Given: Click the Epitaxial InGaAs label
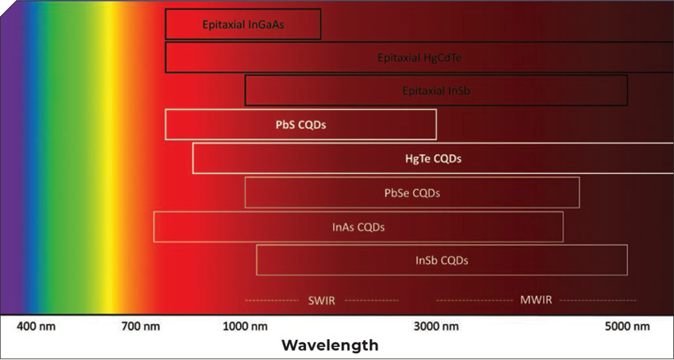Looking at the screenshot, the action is [x=243, y=25].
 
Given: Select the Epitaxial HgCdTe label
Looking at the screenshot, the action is [x=419, y=58].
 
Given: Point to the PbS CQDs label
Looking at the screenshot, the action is [x=301, y=126].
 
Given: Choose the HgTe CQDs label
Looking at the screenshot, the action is [x=433, y=159].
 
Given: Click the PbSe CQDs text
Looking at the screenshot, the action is [x=412, y=193].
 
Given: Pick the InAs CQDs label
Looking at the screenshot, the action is [x=359, y=227].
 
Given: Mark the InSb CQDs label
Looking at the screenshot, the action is [x=442, y=260].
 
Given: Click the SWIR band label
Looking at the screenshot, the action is [x=322, y=300].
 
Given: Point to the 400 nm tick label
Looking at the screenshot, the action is [x=36, y=327].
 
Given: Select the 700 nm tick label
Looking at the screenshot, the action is [x=141, y=327].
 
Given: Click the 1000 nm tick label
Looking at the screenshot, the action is [x=245, y=327].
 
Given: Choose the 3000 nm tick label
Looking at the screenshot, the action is [x=436, y=327].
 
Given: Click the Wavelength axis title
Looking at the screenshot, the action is [x=330, y=345].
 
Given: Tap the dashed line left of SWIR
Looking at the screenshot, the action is [x=272, y=300].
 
